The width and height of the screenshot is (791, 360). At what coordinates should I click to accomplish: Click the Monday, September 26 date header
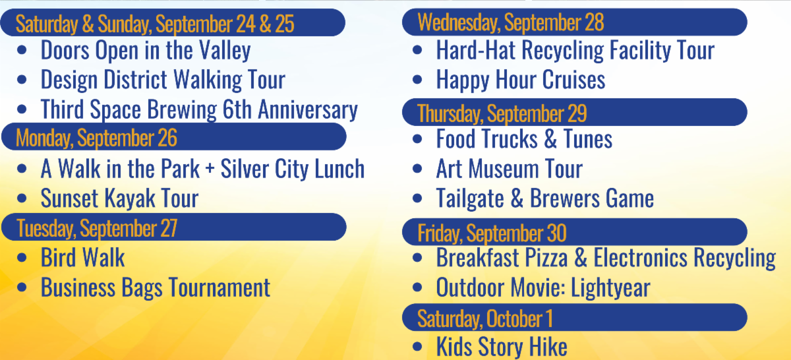[96, 138]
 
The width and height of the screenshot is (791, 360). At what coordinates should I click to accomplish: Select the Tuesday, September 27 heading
[96, 228]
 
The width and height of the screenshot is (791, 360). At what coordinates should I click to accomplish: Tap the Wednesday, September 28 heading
[511, 23]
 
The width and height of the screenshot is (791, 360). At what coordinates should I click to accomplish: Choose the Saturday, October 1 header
[484, 318]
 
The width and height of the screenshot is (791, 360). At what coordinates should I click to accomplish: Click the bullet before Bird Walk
[24, 258]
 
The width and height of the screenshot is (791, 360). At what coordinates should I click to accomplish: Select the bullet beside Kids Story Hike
[417, 347]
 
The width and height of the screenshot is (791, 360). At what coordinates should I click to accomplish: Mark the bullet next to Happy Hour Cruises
[417, 80]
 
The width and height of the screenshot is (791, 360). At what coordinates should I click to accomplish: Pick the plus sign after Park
[210, 169]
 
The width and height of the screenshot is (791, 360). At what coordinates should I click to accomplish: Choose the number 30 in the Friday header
[556, 233]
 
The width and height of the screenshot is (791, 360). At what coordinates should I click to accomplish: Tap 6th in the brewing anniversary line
[237, 110]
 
